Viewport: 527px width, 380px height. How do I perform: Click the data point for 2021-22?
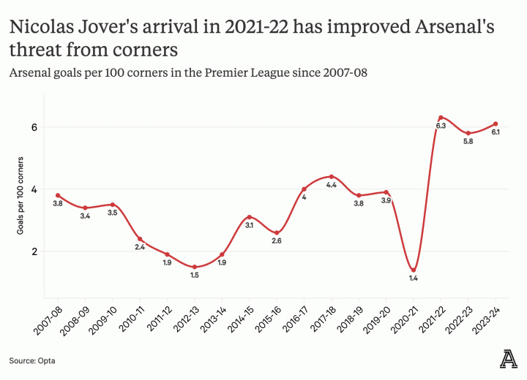click(441, 118)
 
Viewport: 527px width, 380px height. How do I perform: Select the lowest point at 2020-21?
click(414, 270)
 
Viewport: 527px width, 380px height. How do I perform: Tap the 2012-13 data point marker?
click(194, 267)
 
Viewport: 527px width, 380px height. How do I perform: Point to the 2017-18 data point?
click(332, 177)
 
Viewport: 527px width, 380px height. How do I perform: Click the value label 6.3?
click(441, 126)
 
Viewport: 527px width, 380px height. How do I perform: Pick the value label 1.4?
click(414, 278)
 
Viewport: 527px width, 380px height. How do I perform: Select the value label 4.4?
click(332, 186)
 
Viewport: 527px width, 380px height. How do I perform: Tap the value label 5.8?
click(468, 142)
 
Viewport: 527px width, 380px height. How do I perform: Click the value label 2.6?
click(277, 241)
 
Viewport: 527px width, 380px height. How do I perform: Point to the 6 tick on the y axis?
click(34, 127)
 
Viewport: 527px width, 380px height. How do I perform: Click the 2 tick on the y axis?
click(34, 251)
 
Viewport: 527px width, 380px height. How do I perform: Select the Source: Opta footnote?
click(32, 360)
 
